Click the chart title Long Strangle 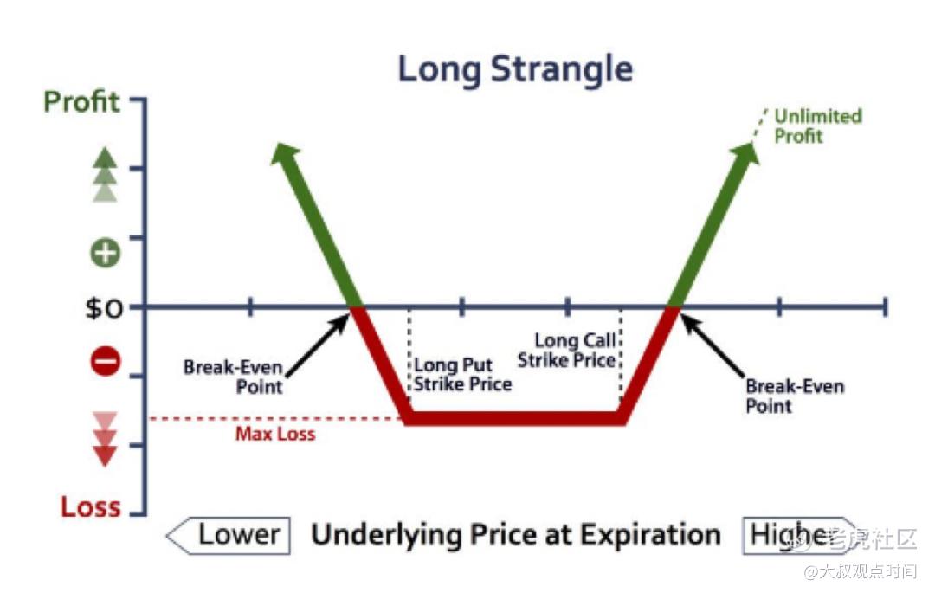pyautogui.click(x=514, y=69)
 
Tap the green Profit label pyautogui.click(x=81, y=101)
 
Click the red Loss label pyautogui.click(x=91, y=506)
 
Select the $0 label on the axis pyautogui.click(x=105, y=308)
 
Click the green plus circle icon pyautogui.click(x=105, y=253)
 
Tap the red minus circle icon pyautogui.click(x=105, y=361)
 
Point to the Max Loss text pyautogui.click(x=275, y=433)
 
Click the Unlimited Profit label pyautogui.click(x=817, y=126)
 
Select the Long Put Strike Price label pyautogui.click(x=462, y=374)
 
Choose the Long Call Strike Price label pyautogui.click(x=566, y=350)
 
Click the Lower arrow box pyautogui.click(x=229, y=535)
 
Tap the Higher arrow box pyautogui.click(x=799, y=535)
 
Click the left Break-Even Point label pyautogui.click(x=233, y=377)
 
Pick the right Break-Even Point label pyautogui.click(x=795, y=396)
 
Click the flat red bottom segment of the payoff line pyautogui.click(x=515, y=418)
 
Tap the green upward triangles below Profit pyautogui.click(x=105, y=175)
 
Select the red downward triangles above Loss pyautogui.click(x=105, y=439)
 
